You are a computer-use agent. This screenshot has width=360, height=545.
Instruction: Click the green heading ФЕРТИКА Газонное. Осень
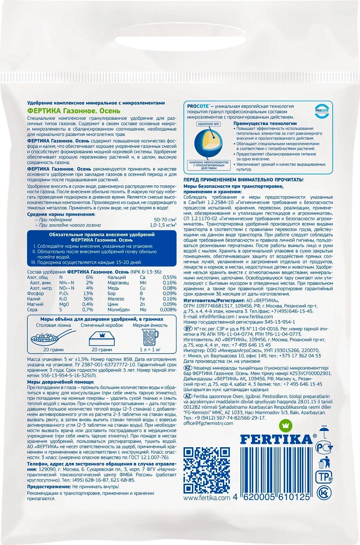point(74,111)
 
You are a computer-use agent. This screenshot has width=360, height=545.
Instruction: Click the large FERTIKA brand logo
point(276,439)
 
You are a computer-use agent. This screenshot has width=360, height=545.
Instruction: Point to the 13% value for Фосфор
point(88,294)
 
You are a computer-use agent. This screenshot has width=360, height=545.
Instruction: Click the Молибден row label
point(119,310)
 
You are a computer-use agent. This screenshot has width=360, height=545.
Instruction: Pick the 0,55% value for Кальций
point(169,277)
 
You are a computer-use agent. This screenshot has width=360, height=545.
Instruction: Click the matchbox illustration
point(101,338)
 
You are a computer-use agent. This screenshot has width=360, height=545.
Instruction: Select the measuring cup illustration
point(150,338)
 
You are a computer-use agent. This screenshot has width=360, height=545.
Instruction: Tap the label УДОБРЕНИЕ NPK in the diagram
point(209,124)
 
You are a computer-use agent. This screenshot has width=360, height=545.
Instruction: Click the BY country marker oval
point(188,329)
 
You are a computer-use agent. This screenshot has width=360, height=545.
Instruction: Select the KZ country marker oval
point(188,368)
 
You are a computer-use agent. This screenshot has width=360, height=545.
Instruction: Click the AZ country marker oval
point(188,396)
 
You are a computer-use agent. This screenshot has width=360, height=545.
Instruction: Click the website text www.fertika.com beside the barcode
point(207,498)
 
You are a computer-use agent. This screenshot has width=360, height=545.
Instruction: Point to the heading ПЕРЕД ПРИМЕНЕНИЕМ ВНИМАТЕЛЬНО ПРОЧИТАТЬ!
point(243,180)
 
